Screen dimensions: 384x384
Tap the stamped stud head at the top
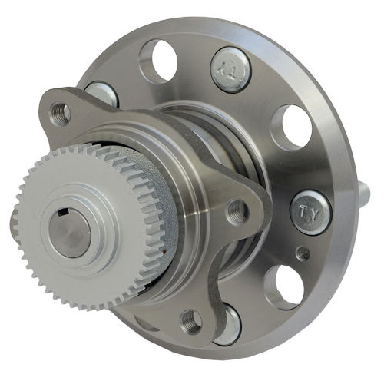point(230,68)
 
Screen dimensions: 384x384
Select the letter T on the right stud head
point(304,208)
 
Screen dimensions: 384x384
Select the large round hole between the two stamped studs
point(292,125)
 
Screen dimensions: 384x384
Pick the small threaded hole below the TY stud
point(303,253)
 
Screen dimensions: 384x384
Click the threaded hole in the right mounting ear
point(237,211)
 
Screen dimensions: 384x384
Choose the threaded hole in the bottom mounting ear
point(190,322)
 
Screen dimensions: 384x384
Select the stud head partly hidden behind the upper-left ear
point(103,93)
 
